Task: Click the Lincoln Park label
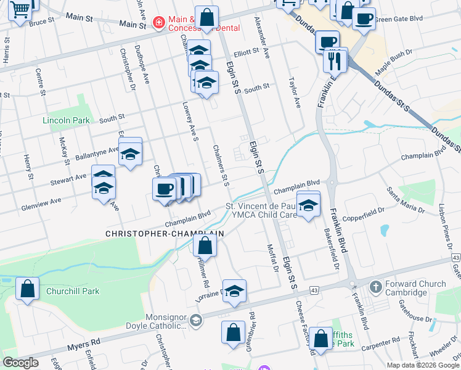[x=66, y=120]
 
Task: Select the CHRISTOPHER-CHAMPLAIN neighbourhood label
[x=164, y=234]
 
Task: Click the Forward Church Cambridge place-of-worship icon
[x=375, y=287]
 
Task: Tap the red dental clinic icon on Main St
[x=159, y=23]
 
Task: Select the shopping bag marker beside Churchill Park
[x=28, y=289]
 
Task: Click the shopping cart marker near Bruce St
[x=20, y=10]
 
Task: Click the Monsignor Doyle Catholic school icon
[x=195, y=319]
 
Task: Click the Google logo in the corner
[x=21, y=363]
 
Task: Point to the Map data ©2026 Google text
[x=422, y=365]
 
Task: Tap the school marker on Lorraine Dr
[x=234, y=291]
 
